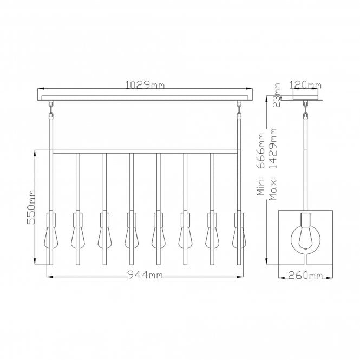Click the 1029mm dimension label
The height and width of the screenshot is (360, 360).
(145, 84)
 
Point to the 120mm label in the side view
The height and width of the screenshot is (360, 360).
(305, 84)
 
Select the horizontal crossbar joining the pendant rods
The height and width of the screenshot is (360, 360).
(145, 151)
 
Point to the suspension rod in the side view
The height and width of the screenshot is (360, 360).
(305, 162)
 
